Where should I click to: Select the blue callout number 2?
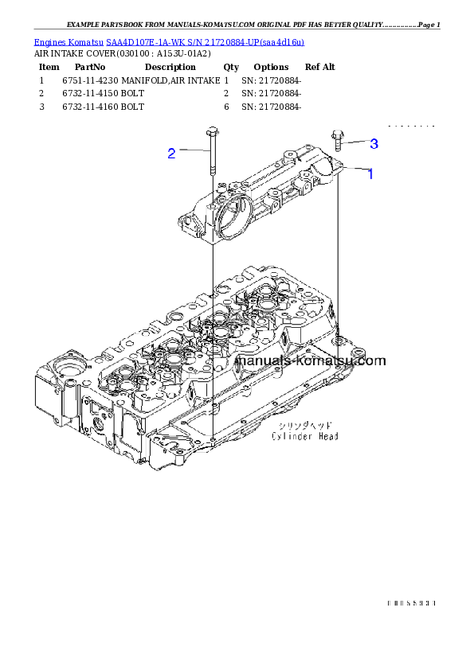coord(171,154)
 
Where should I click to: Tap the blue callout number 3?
coord(374,144)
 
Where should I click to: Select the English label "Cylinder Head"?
coord(304,436)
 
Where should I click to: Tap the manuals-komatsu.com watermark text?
coord(311,360)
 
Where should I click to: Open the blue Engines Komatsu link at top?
coord(169,41)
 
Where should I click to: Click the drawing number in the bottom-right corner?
coord(411,603)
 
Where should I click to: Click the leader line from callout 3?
coord(355,143)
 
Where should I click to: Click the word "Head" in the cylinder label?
coord(327,436)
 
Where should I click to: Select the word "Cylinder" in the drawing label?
coord(292,436)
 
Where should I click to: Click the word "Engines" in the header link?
coord(49,41)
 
